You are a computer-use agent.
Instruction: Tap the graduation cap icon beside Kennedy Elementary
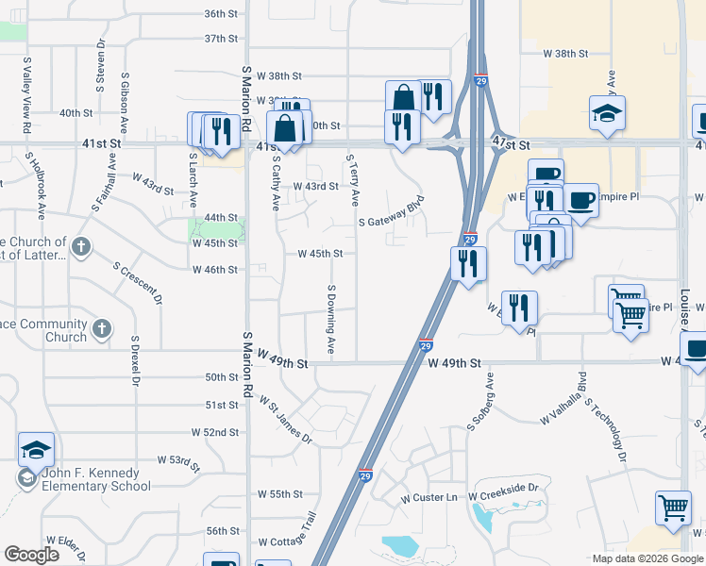(x=36, y=450)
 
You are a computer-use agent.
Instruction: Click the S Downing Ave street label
(x=331, y=319)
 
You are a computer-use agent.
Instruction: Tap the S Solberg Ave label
(x=480, y=402)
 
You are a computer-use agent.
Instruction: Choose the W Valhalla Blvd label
(x=563, y=403)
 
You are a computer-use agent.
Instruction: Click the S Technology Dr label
(x=609, y=430)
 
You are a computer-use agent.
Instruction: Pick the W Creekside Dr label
(x=507, y=488)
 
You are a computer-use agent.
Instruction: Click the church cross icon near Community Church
(x=102, y=329)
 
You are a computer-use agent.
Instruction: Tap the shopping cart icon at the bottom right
(x=674, y=508)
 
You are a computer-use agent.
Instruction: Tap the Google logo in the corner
(x=31, y=555)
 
